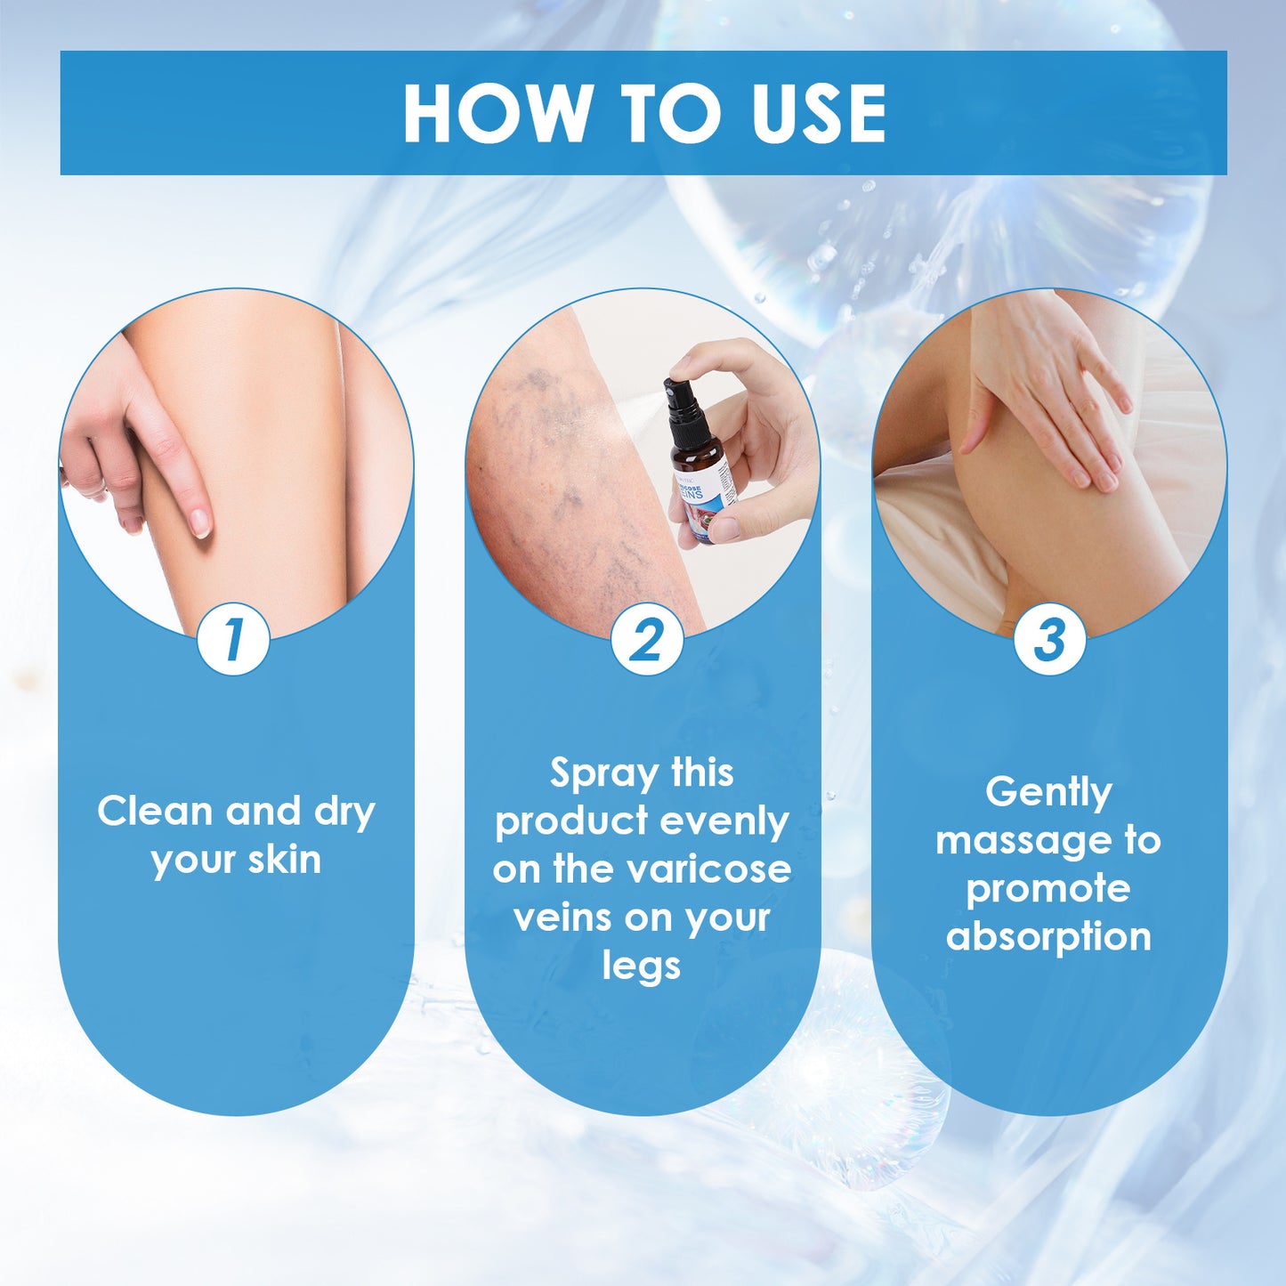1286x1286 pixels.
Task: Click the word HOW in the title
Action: coord(497,113)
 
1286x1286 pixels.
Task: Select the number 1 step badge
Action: coord(233,638)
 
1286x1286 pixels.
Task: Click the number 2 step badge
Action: coord(646,638)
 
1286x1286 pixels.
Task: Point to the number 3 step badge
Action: coord(1049,638)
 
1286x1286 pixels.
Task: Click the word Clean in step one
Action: coord(154,811)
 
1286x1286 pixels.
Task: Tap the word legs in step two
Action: coord(641,966)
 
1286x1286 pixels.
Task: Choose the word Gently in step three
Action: coord(1048,792)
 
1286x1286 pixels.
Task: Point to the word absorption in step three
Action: coord(1048,936)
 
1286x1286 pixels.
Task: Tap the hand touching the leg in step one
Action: coord(142,445)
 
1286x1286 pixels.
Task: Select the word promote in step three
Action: coord(1048,888)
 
